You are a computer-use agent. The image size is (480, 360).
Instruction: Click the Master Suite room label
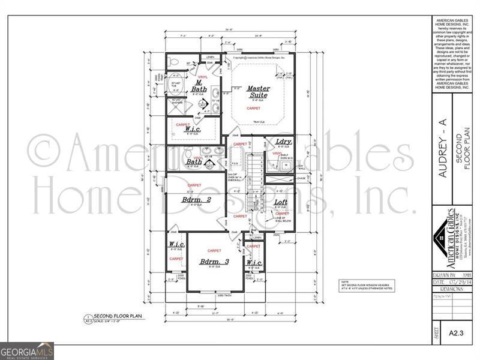point(259,92)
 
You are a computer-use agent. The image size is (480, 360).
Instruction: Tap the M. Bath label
point(199,86)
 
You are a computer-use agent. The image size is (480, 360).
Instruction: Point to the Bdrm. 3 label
point(214,262)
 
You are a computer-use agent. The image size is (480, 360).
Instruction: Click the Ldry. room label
point(283,142)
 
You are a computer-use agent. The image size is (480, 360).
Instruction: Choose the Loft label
point(281,203)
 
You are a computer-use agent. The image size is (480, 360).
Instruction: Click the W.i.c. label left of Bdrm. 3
point(176,244)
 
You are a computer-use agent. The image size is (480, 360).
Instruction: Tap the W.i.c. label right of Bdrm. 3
point(254,263)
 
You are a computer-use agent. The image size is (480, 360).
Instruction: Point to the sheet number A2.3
point(455,332)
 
